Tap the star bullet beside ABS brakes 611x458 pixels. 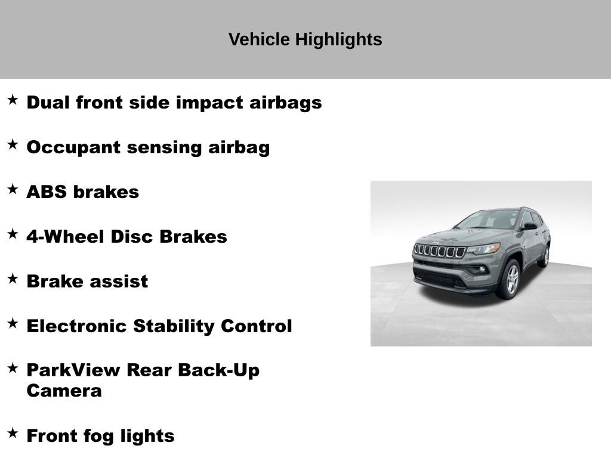point(13,190)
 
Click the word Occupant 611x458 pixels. point(72,148)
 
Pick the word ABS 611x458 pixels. point(47,192)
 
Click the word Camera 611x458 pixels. point(64,391)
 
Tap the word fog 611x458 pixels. point(97,437)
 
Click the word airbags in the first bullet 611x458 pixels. point(283,103)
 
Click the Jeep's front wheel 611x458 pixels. point(510,279)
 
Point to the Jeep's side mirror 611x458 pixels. point(529,227)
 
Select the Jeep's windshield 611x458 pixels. point(490,220)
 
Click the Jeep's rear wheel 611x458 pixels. point(544,256)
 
